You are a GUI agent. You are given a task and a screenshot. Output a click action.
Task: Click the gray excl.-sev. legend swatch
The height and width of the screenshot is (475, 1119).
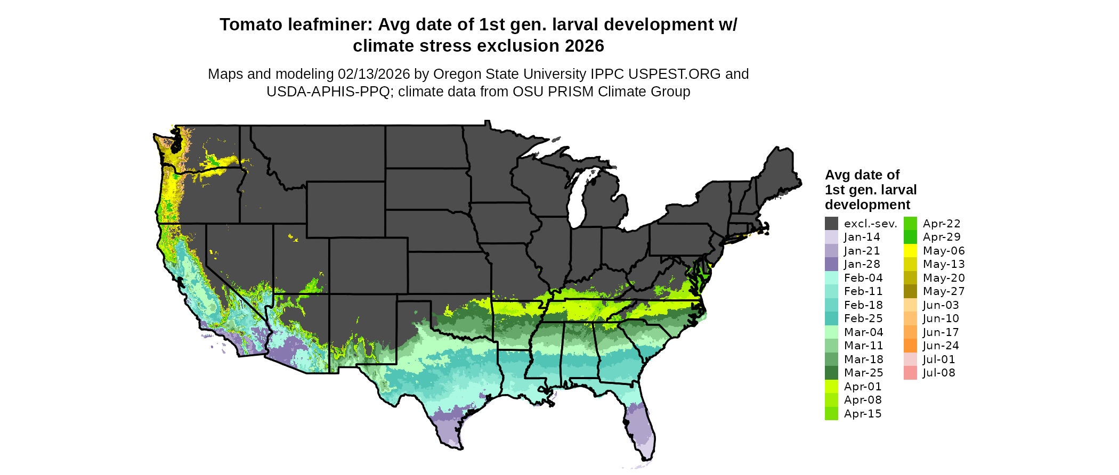[831, 224]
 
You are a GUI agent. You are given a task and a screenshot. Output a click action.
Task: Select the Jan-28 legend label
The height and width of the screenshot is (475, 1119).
[862, 264]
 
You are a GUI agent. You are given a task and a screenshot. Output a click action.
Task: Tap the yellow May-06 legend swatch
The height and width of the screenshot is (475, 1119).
[910, 251]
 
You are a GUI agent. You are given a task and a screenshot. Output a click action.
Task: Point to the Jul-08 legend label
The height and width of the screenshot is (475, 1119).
[939, 373]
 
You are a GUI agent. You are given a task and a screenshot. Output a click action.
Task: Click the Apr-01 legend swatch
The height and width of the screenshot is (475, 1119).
[831, 387]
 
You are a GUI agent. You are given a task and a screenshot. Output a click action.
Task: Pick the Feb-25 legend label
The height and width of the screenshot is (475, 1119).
[863, 318]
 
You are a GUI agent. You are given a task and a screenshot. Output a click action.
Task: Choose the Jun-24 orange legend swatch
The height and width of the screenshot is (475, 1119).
[910, 346]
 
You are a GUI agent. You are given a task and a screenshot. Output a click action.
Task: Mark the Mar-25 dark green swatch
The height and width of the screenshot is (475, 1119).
[831, 373]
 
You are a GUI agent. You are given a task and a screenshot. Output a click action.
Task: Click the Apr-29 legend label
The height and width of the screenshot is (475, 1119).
[942, 237]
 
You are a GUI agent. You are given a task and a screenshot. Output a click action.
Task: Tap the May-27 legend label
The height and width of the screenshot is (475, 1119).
[944, 291]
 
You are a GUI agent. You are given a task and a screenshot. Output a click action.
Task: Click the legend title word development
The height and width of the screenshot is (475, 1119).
[867, 205]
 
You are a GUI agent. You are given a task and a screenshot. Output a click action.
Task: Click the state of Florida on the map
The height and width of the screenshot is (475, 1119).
[639, 426]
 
